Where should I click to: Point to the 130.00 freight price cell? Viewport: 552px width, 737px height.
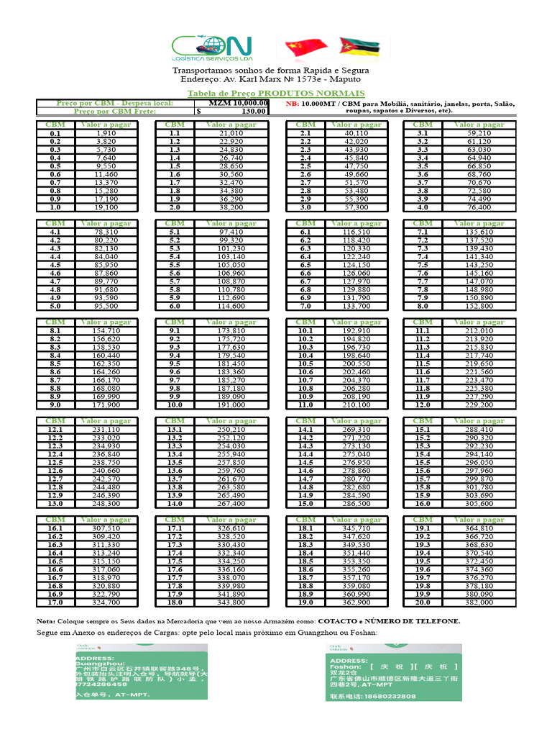pos(231,112)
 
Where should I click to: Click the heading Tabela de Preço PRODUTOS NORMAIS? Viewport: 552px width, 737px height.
pos(276,94)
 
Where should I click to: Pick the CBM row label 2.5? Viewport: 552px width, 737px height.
pos(305,166)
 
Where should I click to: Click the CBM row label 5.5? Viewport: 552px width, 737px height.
pos(175,265)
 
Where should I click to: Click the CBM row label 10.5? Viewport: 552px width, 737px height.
pos(305,363)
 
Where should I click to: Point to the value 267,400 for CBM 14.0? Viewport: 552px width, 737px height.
pos(231,503)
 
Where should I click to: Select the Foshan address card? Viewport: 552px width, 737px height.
pos(395,672)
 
